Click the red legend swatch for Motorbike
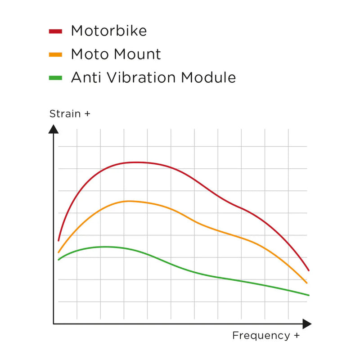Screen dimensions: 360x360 click(55, 31)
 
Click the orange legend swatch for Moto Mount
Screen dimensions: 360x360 click(55, 54)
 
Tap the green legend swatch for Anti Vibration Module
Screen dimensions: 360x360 click(55, 78)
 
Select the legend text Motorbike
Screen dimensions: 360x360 click(108, 31)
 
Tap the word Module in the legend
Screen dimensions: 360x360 click(208, 77)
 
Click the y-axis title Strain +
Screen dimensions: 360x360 click(70, 114)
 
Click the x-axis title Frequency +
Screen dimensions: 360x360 click(265, 335)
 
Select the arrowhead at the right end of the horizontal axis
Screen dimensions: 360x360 click(307, 324)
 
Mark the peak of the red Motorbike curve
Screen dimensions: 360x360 click(135, 162)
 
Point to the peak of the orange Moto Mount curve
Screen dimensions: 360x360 click(130, 201)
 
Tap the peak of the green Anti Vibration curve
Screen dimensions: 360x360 click(106, 247)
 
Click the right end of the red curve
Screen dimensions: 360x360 click(308, 270)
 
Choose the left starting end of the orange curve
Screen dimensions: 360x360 click(58, 252)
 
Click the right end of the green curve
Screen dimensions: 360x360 click(309, 295)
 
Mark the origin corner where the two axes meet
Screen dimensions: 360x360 click(54, 324)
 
